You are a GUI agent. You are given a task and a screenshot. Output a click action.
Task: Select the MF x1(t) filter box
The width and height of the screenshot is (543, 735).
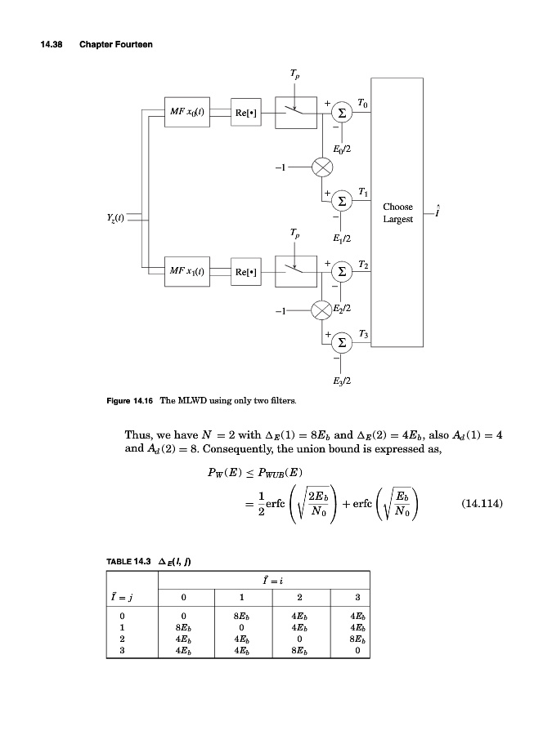188,270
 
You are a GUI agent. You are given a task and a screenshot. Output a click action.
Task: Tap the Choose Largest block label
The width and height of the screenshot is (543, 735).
397,213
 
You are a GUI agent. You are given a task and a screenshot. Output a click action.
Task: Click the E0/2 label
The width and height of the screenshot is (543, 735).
342,149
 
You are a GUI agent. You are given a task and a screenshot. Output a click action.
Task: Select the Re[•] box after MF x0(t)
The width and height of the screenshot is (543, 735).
246,113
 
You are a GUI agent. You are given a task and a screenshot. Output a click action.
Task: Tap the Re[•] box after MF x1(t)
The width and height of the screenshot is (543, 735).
246,271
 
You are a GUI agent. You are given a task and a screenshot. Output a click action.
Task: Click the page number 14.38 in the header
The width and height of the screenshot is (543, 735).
53,43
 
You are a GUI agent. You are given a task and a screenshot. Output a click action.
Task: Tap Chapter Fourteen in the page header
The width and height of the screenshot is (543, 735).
116,43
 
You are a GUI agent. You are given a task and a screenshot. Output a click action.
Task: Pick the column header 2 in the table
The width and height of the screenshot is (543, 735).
299,595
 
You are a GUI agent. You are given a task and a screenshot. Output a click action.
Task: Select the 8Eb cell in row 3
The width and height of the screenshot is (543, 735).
299,650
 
